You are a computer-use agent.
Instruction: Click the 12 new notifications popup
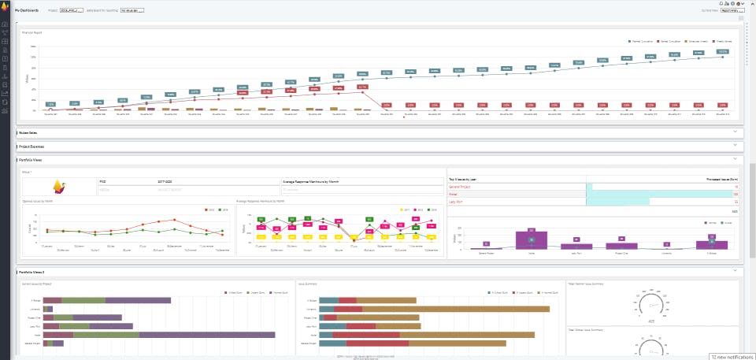731,356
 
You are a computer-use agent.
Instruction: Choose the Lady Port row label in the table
456,202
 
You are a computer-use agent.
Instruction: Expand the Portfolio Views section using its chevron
735,159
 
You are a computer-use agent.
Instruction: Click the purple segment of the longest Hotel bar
206,335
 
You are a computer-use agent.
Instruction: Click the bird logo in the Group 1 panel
58,187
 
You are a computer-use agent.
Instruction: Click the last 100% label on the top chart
722,52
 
